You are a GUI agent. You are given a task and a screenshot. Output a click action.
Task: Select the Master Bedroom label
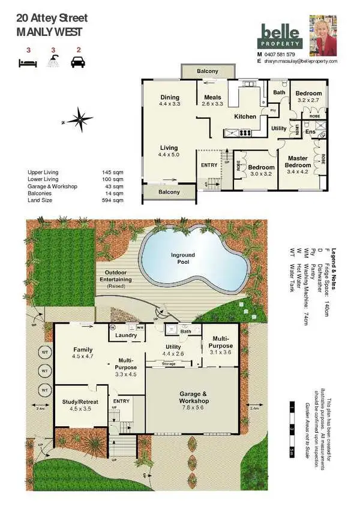pos(298,162)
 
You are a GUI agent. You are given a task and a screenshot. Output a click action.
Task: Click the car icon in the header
pos(77,61)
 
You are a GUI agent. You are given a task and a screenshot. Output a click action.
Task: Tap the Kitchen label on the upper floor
pos(245,116)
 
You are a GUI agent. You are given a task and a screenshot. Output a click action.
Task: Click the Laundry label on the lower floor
pos(127,335)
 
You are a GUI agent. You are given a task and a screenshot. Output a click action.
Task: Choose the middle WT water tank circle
pos(44,371)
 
